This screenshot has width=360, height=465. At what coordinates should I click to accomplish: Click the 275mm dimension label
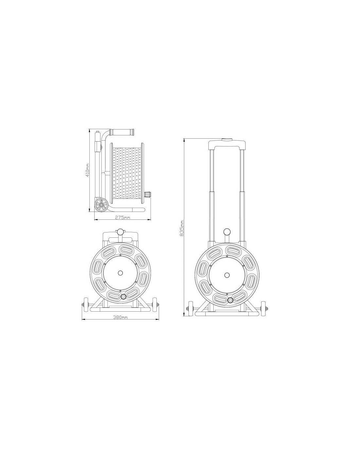click(x=123, y=217)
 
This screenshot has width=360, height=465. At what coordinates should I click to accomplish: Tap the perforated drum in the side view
click(x=126, y=173)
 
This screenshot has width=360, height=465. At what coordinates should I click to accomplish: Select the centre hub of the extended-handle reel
click(x=226, y=275)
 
